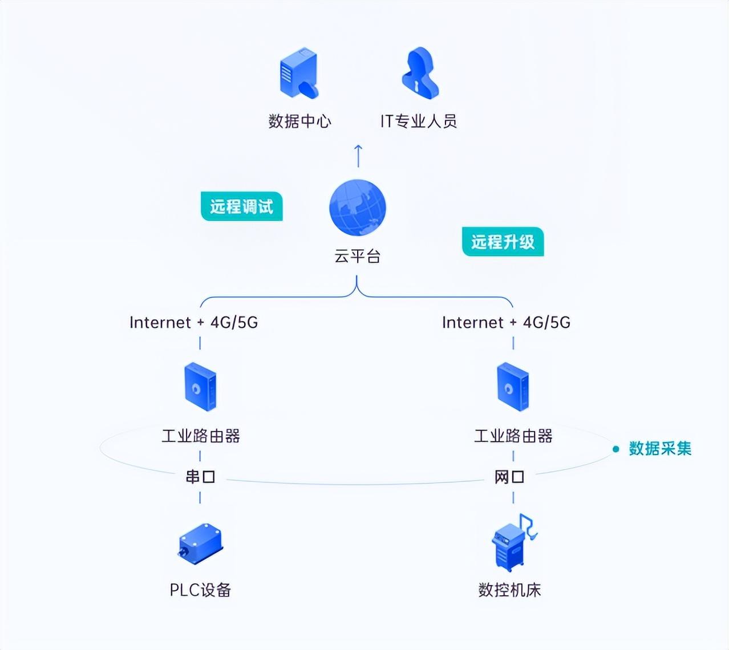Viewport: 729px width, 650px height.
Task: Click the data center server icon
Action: pos(299,72)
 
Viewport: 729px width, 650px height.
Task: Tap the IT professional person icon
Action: pos(420,73)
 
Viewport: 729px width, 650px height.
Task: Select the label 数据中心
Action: pos(299,121)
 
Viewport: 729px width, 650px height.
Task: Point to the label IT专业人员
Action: pos(419,121)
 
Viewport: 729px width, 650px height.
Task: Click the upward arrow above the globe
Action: pos(358,156)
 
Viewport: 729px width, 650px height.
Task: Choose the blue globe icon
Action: pos(357,208)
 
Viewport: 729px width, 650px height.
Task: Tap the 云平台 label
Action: pos(357,256)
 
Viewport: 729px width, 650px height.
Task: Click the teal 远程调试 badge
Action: pos(242,206)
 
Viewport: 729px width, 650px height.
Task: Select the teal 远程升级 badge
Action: pos(503,241)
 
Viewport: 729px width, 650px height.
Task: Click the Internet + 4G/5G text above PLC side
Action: pos(193,322)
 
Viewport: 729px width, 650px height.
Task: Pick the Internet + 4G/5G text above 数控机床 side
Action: pos(507,322)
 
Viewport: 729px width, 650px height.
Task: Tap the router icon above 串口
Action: pos(200,387)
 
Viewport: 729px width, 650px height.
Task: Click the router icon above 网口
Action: pos(513,387)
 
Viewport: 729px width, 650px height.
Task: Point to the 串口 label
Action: pos(200,477)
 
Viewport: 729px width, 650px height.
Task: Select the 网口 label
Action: pos(509,477)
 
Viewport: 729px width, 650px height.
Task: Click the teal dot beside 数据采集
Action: pos(616,449)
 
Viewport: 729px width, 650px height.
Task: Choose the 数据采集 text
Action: pos(661,449)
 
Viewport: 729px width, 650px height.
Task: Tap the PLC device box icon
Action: pos(200,543)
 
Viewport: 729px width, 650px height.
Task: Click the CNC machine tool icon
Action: pos(514,543)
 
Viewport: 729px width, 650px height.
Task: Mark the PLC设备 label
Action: pos(200,590)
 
